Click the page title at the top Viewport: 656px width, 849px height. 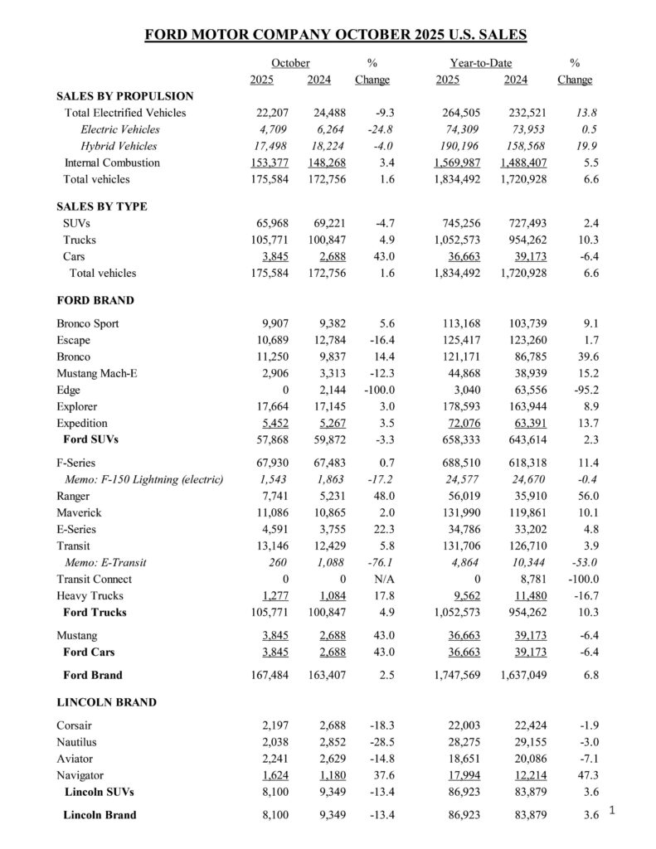[x=335, y=35]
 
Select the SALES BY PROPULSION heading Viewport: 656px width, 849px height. [x=124, y=96]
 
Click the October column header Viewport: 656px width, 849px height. [x=290, y=63]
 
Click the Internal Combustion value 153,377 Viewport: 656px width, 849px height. [x=270, y=163]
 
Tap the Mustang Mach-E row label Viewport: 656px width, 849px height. [x=97, y=373]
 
